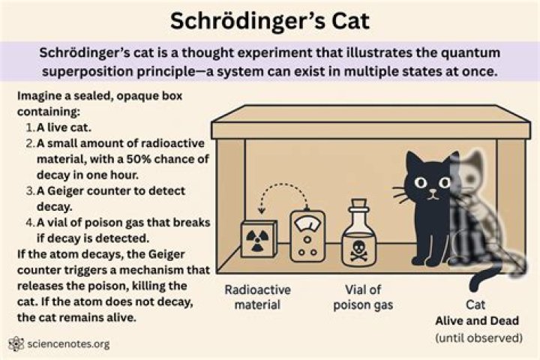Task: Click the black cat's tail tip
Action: tap(475, 283)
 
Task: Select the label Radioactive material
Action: tap(257, 298)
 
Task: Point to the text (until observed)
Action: tap(479, 338)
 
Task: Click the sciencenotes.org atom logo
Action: tap(15, 344)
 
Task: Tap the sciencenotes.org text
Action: tap(67, 344)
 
